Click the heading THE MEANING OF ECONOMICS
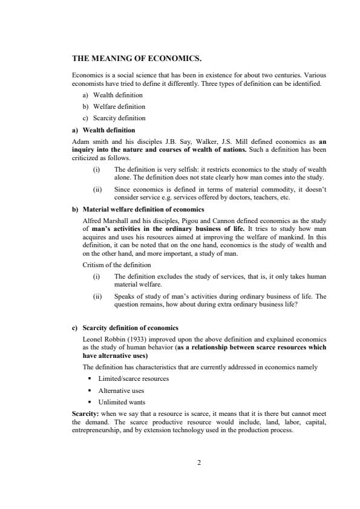[137, 59]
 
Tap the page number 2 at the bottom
[198, 463]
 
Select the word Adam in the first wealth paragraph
[80, 142]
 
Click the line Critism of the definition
[117, 265]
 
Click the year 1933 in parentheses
[136, 340]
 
